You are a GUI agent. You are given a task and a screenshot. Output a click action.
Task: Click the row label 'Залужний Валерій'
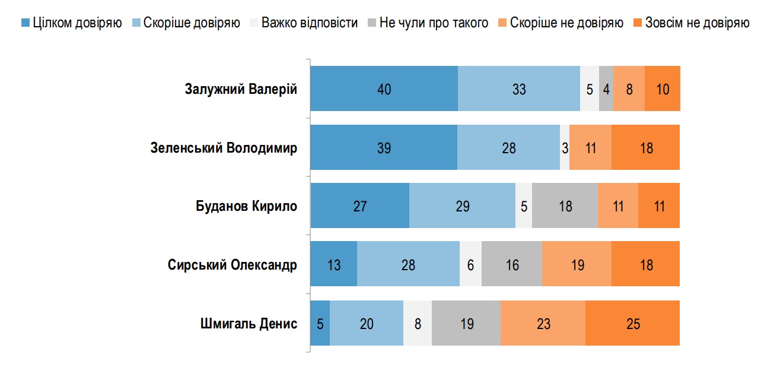(x=241, y=89)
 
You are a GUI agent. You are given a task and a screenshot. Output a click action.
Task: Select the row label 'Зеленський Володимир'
(x=224, y=148)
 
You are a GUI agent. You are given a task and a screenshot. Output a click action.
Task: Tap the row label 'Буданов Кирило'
(x=246, y=206)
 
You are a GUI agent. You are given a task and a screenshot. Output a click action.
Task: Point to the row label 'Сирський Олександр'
(x=233, y=265)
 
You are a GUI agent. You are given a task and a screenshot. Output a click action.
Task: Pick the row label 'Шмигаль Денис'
(x=249, y=324)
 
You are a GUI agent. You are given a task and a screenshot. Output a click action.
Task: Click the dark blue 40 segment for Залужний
(x=384, y=89)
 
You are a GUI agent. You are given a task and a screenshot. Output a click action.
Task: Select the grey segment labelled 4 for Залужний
(x=606, y=89)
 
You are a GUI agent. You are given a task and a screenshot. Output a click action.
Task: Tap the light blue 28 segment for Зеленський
(x=509, y=148)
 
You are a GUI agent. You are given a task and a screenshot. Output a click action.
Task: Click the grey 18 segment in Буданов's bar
(x=565, y=206)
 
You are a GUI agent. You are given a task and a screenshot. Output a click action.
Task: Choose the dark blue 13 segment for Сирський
(x=334, y=265)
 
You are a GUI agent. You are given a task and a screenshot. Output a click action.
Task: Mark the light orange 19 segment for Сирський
(x=577, y=265)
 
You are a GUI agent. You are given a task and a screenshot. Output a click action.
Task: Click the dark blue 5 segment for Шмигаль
(x=320, y=324)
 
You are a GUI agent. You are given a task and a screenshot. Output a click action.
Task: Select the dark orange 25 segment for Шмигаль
(x=632, y=324)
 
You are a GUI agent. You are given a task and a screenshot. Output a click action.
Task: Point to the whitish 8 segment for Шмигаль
(x=418, y=324)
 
